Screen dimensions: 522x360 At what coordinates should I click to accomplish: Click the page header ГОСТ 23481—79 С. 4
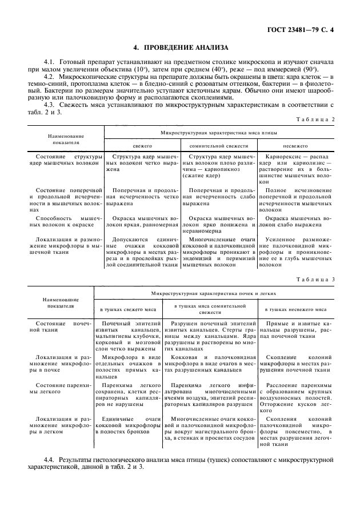(306, 28)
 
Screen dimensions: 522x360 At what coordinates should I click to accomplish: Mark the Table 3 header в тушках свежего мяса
(129, 309)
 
